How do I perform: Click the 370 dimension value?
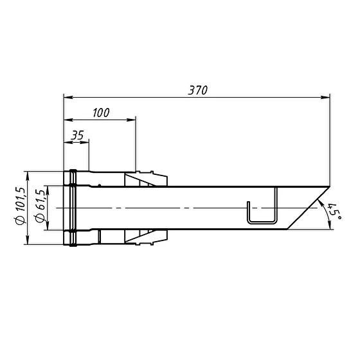pyautogui.click(x=198, y=90)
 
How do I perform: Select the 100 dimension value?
pyautogui.click(x=102, y=113)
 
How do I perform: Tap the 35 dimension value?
pyautogui.click(x=77, y=135)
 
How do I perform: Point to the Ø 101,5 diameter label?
pyautogui.click(x=20, y=206)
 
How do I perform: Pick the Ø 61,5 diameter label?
pyautogui.click(x=40, y=206)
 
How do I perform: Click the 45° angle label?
pyautogui.click(x=334, y=211)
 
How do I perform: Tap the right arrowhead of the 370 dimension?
pyautogui.click(x=325, y=97)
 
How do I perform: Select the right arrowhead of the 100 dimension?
pyautogui.click(x=131, y=120)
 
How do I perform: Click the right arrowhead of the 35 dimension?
pyautogui.click(x=85, y=142)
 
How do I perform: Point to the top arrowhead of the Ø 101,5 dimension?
pyautogui.click(x=28, y=175)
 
